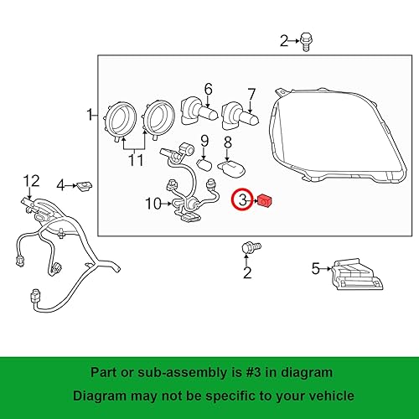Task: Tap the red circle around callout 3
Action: (243, 200)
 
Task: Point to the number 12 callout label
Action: (30, 180)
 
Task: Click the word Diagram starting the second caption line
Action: (96, 396)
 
